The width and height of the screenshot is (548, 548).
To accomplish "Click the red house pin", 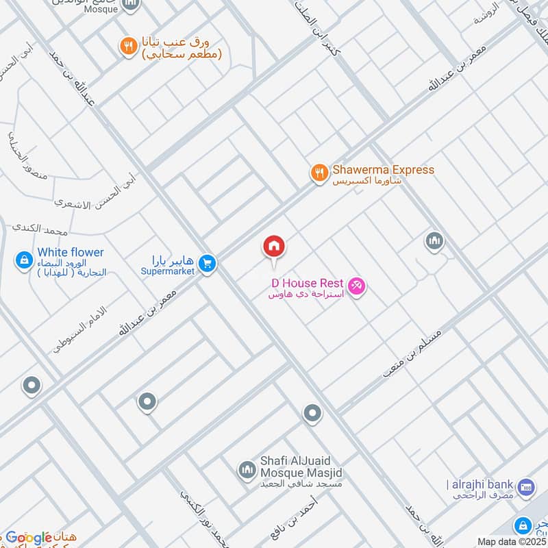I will point(274,247).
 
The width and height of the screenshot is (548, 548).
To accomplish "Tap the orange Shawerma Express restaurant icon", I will point(319,173).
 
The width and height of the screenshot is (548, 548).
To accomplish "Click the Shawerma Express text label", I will point(383,170).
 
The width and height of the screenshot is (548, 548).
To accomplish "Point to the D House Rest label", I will point(307,283).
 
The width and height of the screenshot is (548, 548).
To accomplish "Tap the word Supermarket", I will point(168,271).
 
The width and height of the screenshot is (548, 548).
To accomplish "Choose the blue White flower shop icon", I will point(24,260).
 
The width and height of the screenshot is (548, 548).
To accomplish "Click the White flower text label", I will point(71,253).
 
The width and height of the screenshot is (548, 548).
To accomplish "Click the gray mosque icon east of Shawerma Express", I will point(434,241).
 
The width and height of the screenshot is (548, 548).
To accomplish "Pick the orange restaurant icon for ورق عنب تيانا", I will point(128,47).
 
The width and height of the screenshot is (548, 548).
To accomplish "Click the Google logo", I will point(29,537).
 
